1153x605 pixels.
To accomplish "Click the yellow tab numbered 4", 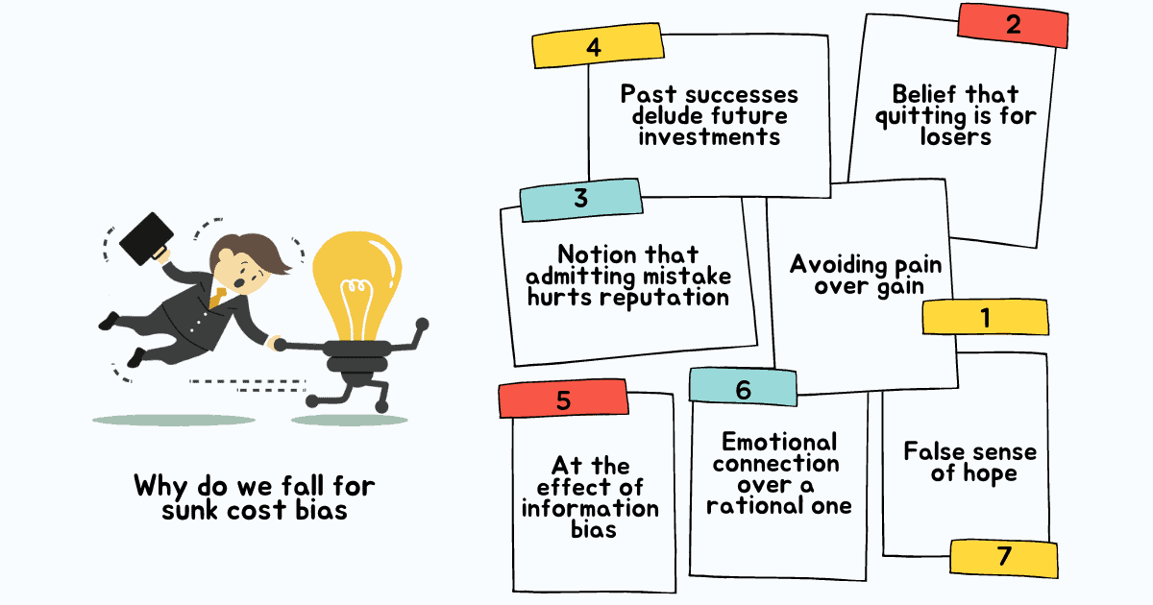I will (596, 48).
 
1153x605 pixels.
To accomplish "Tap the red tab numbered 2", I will (1012, 25).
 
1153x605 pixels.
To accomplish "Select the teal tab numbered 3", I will (580, 198).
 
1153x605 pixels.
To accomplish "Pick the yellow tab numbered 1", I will (984, 318).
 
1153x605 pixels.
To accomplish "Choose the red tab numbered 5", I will (563, 399).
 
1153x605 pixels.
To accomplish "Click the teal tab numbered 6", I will (743, 388).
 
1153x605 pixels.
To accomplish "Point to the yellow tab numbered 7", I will (1004, 557).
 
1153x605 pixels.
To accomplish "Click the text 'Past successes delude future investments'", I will (709, 115).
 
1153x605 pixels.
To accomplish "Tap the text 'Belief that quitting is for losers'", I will (954, 115).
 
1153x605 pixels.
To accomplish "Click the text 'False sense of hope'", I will (970, 462).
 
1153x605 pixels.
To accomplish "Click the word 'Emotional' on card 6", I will (779, 442).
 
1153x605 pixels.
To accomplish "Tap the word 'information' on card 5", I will (590, 508).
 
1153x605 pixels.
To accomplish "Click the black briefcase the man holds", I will (146, 236).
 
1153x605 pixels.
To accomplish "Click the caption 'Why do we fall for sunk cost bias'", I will (240, 496).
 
